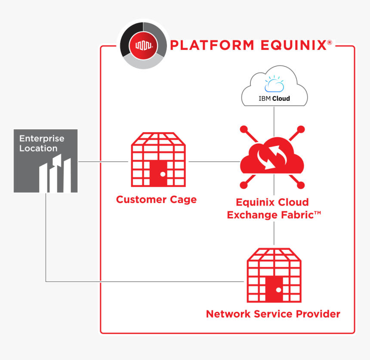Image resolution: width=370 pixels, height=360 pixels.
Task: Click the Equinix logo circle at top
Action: click(143, 45)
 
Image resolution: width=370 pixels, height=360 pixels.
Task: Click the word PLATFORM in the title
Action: click(211, 45)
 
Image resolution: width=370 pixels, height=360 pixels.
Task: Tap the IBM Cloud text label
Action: click(274, 99)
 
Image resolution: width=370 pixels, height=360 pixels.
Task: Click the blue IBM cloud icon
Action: click(274, 85)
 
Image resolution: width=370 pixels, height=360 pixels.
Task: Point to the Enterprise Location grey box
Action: click(46, 161)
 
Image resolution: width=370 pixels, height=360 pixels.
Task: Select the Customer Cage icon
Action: click(158, 160)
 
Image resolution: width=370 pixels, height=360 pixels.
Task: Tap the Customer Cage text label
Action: click(156, 200)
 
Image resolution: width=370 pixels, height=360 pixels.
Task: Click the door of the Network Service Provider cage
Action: click(274, 289)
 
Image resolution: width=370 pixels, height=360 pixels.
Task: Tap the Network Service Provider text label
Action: click(273, 314)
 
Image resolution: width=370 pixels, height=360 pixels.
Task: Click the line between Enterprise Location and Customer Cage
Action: click(103, 162)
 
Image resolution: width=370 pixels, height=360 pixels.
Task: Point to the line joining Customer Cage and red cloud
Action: click(213, 162)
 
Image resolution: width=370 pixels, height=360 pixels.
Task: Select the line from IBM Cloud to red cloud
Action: click(274, 118)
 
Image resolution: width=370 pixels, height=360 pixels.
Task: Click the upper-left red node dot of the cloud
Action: click(244, 129)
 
